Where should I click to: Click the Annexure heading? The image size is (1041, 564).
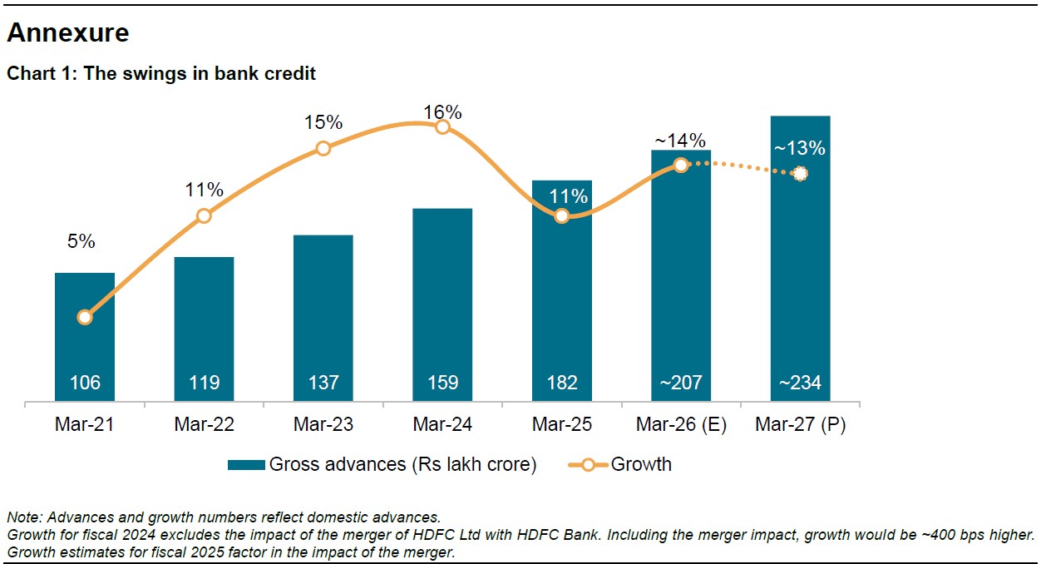[68, 33]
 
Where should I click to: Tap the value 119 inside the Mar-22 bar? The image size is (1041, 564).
[204, 383]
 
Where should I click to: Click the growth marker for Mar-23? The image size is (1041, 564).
[323, 148]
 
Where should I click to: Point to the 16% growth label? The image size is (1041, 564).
[442, 112]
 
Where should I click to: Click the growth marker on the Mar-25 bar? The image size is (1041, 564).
[562, 216]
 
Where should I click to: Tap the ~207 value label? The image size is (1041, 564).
[681, 383]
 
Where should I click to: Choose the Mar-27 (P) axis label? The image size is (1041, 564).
[800, 425]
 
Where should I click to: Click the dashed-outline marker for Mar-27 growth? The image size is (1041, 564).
[800, 174]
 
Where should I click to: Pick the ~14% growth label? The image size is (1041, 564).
[681, 141]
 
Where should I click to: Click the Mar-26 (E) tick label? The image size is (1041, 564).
[681, 425]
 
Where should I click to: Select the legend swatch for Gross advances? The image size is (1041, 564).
[246, 465]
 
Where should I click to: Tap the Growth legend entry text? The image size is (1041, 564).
[641, 465]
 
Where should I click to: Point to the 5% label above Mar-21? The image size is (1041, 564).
[81, 242]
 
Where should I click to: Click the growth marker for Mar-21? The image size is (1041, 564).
[85, 317]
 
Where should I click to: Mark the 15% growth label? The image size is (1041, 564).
[323, 122]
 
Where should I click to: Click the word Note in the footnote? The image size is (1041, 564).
[22, 517]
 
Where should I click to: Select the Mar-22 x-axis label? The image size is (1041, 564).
[204, 425]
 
